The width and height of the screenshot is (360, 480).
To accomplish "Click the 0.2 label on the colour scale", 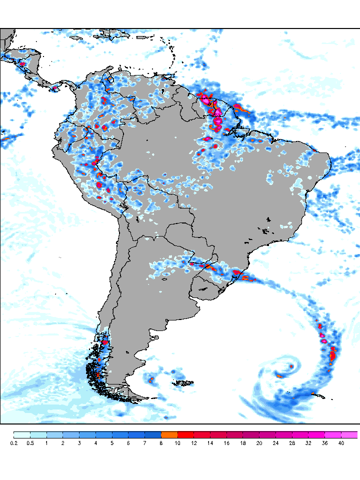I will point(13,443).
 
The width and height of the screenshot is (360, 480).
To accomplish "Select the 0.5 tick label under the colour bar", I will point(30,443).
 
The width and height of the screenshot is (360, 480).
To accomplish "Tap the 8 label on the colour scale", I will point(161,443).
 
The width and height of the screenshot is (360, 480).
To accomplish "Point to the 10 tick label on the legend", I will point(177,443).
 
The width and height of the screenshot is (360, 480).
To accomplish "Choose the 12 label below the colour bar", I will point(194,443).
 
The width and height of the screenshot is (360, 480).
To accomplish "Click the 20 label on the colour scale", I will point(259,443).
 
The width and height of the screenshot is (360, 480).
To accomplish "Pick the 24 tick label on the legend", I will point(276,443).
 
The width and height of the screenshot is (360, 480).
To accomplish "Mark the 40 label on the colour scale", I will point(341,443).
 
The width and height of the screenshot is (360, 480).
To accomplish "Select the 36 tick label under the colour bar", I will point(325,443).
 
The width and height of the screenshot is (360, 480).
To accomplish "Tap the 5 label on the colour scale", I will point(112,443).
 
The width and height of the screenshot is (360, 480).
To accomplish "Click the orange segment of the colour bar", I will point(169,434).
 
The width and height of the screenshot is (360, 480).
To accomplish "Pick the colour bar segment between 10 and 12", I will point(186,434).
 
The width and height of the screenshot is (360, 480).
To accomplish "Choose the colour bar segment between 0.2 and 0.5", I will point(22,434).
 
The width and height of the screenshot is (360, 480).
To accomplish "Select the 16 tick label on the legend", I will point(226,443).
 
